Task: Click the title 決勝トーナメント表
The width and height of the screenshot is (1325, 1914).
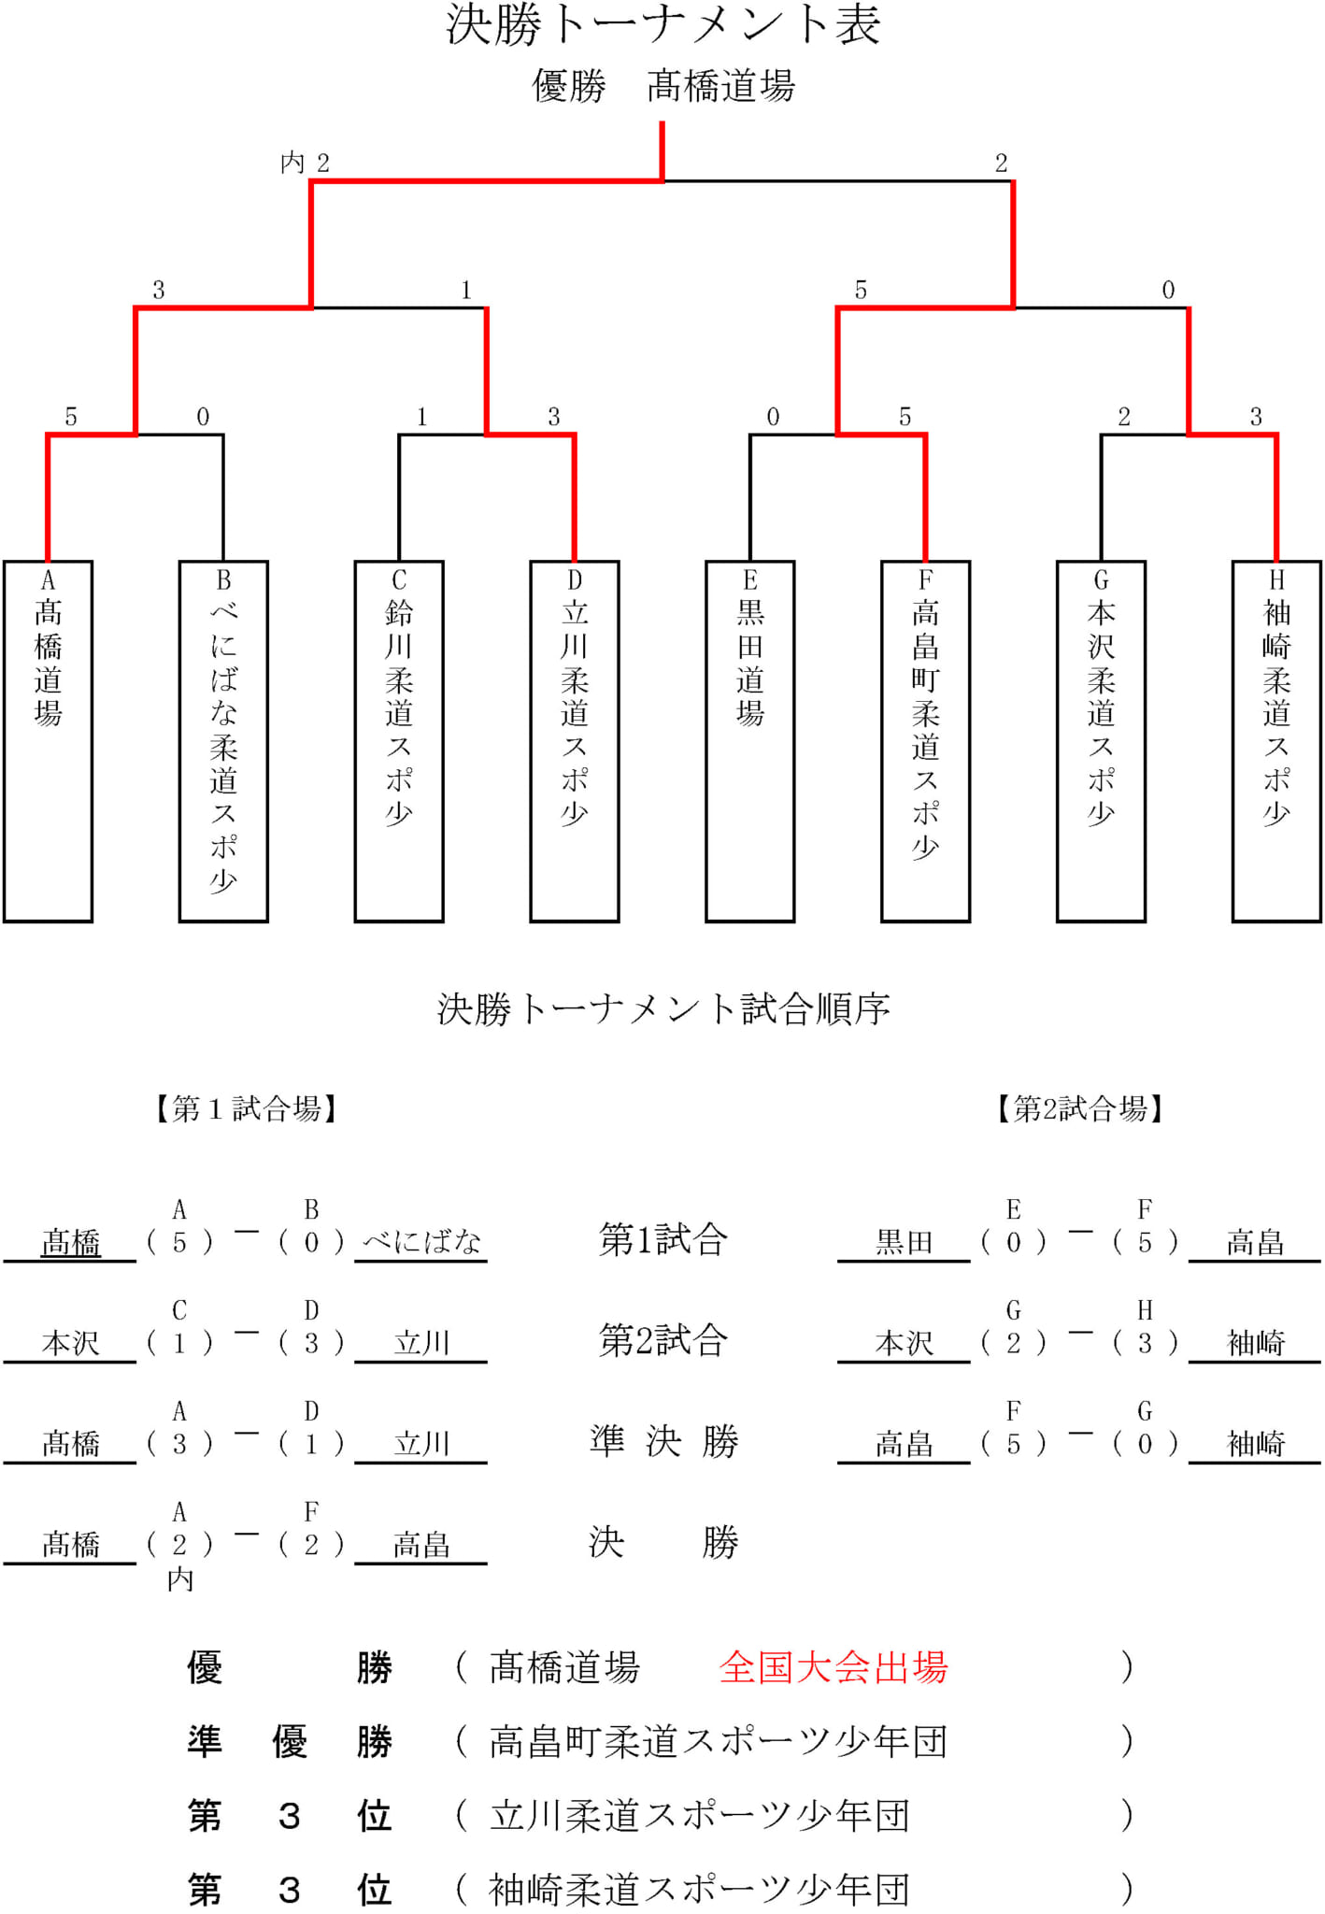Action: coord(662,24)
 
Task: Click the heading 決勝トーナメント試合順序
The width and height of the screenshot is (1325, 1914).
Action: coord(663,1009)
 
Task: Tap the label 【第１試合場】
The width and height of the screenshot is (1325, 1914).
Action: coord(246,1109)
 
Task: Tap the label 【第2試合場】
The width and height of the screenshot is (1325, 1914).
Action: coord(1079,1109)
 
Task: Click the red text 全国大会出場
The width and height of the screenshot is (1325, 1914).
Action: coord(833,1667)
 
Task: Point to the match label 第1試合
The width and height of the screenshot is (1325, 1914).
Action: coord(663,1239)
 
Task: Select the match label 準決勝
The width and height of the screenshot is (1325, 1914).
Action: coord(663,1441)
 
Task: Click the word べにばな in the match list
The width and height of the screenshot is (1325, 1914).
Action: coord(422,1242)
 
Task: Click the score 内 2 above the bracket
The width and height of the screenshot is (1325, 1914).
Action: coord(305,164)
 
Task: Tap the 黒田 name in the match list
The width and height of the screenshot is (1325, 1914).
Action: coord(905,1242)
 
